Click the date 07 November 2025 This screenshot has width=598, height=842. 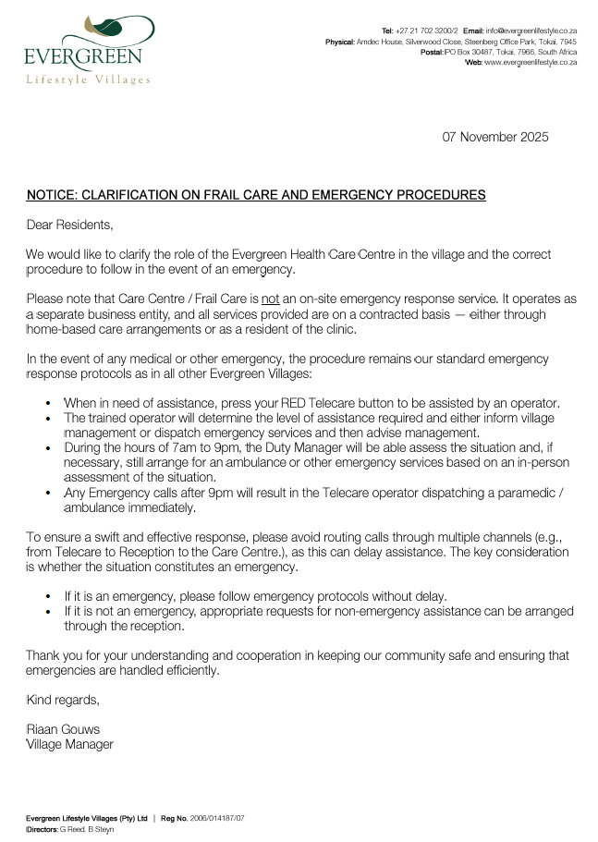point(495,137)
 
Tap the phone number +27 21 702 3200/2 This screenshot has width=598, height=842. point(425,31)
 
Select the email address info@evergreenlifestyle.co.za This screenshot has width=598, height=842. point(533,31)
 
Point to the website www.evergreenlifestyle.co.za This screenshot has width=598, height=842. point(531,62)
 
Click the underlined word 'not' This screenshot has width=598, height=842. point(271,299)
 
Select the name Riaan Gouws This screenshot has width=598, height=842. point(63,729)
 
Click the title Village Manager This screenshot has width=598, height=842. point(69,744)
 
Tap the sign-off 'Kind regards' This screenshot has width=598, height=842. point(61,700)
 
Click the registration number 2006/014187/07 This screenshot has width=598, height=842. point(217,819)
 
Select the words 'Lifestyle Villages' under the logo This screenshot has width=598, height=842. point(88,80)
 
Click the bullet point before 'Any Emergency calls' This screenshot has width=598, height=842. point(48,493)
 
